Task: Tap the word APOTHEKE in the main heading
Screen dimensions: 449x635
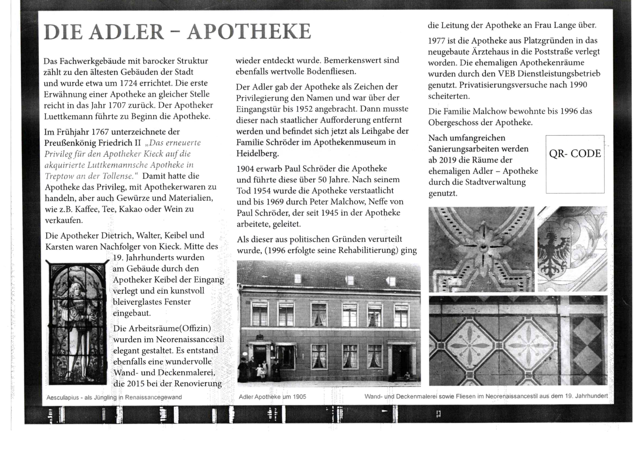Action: tap(249, 32)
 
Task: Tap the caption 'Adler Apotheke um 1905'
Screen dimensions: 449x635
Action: tap(272, 397)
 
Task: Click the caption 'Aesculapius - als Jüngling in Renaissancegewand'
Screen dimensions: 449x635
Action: tap(114, 397)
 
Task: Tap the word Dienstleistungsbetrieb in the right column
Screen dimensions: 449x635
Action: tap(559, 74)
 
